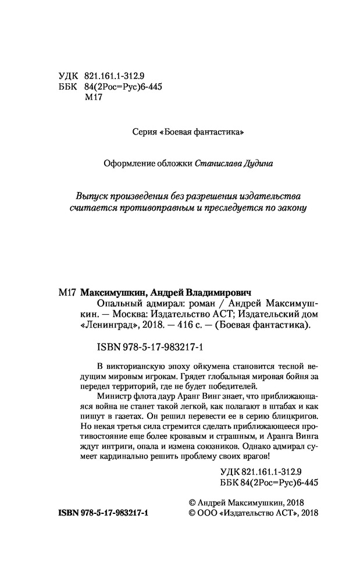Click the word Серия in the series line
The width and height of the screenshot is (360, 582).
point(145,133)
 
